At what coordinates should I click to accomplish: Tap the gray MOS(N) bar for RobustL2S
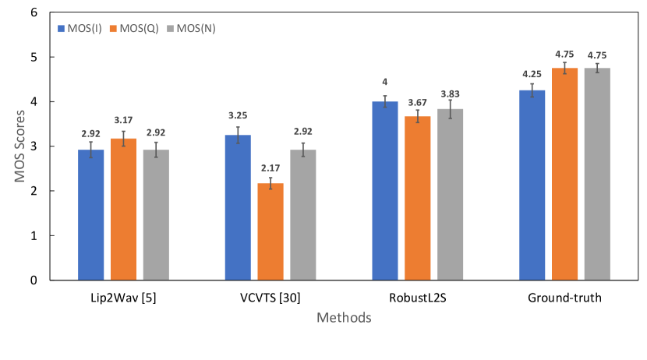tap(450, 194)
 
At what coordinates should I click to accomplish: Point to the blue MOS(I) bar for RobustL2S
tap(385, 190)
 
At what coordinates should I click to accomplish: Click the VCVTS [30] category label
tap(270, 298)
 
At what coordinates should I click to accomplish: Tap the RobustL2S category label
tap(417, 298)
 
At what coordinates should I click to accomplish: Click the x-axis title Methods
tap(344, 318)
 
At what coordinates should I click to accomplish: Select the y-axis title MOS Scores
tap(18, 146)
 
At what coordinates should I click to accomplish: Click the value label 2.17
tap(270, 168)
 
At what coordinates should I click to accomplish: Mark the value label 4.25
tap(532, 75)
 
